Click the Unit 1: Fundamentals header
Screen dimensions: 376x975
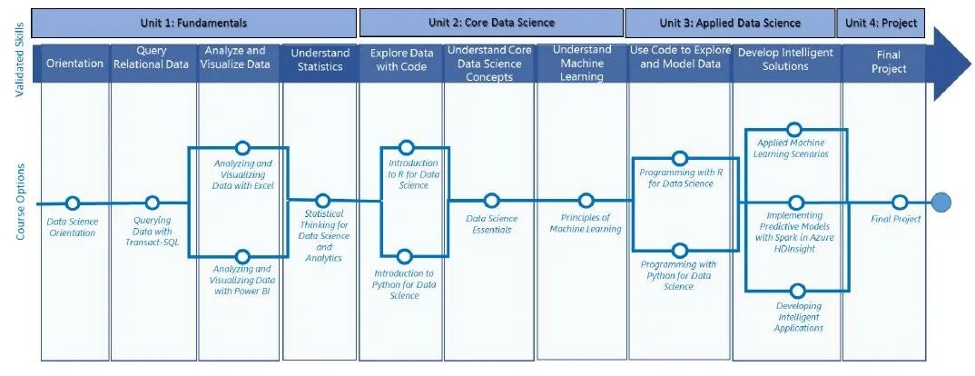pos(193,23)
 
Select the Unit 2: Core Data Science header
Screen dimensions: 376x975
pos(491,23)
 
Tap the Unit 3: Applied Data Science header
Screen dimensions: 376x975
pos(730,23)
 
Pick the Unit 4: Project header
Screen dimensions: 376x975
pos(881,23)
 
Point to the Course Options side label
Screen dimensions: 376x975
pos(20,202)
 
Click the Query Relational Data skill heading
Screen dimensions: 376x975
pos(152,58)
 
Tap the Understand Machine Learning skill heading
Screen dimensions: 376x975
pos(582,63)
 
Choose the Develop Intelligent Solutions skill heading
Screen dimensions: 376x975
pos(785,60)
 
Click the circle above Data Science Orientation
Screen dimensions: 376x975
pos(73,203)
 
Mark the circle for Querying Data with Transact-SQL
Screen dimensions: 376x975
pos(153,203)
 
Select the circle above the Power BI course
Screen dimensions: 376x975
pos(242,257)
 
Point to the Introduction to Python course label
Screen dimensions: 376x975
pos(404,284)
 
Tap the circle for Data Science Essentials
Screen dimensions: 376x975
pos(491,201)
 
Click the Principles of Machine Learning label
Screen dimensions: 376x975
pos(586,223)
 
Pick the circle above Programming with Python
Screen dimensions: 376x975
pos(679,250)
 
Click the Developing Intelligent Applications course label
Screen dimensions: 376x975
pos(799,317)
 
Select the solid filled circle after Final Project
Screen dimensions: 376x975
pos(941,203)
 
